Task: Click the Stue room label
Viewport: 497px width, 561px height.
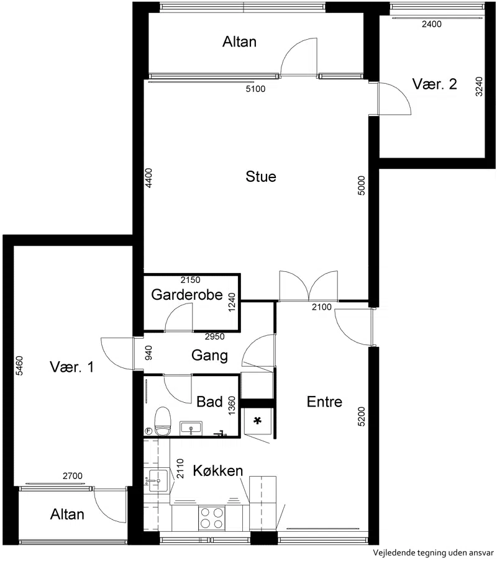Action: point(261,176)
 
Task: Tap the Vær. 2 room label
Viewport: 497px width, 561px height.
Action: point(434,84)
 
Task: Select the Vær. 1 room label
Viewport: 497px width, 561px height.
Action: point(71,367)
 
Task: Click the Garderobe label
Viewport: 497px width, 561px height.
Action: point(187,294)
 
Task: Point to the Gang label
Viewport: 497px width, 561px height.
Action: point(209,356)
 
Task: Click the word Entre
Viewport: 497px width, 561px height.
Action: point(324,402)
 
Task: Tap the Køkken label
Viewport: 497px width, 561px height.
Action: point(217,470)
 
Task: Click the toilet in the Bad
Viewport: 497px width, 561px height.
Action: point(163,421)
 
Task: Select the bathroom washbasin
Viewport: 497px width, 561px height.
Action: point(191,428)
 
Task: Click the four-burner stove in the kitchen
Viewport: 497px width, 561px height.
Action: point(212,518)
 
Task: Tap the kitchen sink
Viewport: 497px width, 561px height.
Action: point(158,480)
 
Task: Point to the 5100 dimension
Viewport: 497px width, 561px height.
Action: point(255,89)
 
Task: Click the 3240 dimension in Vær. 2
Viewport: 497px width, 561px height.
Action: point(479,87)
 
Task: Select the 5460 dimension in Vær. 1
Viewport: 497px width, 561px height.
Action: point(19,366)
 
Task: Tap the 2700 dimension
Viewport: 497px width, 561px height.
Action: point(72,476)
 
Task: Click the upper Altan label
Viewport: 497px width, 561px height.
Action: point(239,42)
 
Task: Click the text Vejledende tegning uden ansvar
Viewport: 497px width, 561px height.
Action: point(434,553)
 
